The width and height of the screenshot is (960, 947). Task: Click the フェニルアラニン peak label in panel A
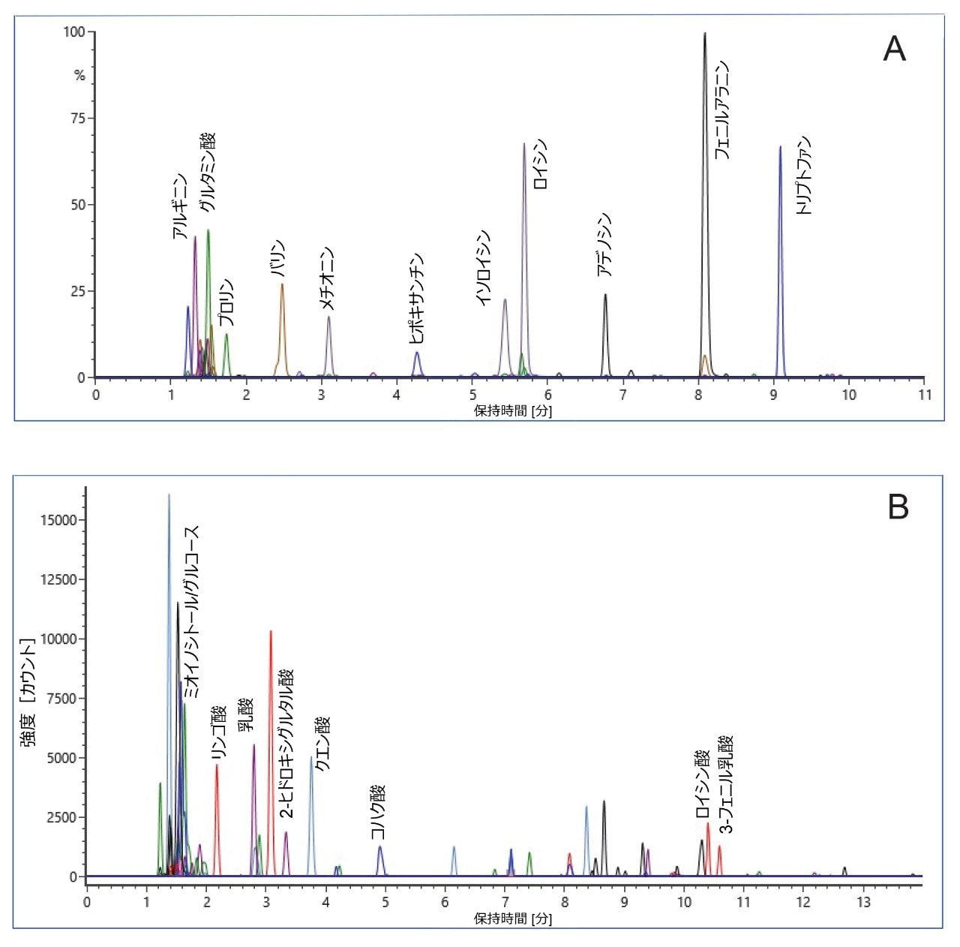(721, 110)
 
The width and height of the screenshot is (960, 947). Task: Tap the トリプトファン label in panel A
(804, 176)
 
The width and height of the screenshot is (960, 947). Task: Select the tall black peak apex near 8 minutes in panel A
(705, 34)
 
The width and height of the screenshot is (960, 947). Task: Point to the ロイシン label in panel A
(540, 164)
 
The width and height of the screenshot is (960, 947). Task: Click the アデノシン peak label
(604, 245)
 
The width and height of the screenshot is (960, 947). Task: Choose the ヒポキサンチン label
(417, 299)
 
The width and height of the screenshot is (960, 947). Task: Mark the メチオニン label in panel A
(327, 278)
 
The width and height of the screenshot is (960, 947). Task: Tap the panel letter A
(894, 50)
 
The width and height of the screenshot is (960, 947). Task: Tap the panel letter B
(898, 507)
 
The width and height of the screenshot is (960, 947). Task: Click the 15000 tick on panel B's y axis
(61, 520)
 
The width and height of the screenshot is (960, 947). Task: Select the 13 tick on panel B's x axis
(863, 902)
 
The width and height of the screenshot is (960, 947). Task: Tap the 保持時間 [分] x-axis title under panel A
(512, 412)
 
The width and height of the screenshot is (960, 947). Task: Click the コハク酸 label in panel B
(378, 812)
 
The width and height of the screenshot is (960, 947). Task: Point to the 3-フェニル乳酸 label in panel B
(725, 785)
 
